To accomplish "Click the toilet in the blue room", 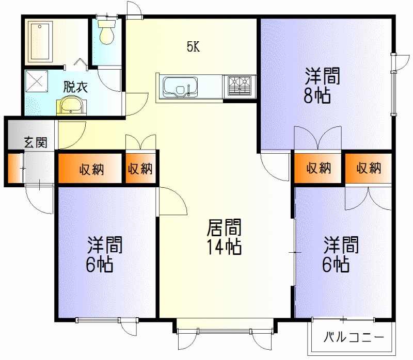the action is pyautogui.click(x=107, y=32).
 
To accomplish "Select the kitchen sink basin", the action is pyautogui.click(x=180, y=87).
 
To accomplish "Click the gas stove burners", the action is pyautogui.click(x=240, y=86).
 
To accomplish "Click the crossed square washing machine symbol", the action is pyautogui.click(x=37, y=81).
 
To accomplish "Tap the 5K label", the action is pyautogui.click(x=193, y=47).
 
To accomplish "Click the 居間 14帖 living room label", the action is pyautogui.click(x=224, y=237).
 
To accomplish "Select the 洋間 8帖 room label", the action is pyautogui.click(x=322, y=85).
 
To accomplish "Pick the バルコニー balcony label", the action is pyautogui.click(x=354, y=337).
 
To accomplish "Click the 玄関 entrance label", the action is pyautogui.click(x=36, y=143).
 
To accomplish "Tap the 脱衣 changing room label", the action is pyautogui.click(x=75, y=87).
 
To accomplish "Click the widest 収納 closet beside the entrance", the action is pyautogui.click(x=90, y=168).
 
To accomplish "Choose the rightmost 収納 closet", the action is pyautogui.click(x=368, y=168).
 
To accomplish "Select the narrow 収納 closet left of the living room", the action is pyautogui.click(x=140, y=168).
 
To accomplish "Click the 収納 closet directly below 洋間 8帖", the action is pyautogui.click(x=318, y=168).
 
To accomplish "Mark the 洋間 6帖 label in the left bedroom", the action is pyautogui.click(x=104, y=254).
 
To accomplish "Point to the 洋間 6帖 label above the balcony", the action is pyautogui.click(x=341, y=254).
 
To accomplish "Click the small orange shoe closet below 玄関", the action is pyautogui.click(x=14, y=168).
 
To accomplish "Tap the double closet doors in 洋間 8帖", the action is pyautogui.click(x=318, y=138).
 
